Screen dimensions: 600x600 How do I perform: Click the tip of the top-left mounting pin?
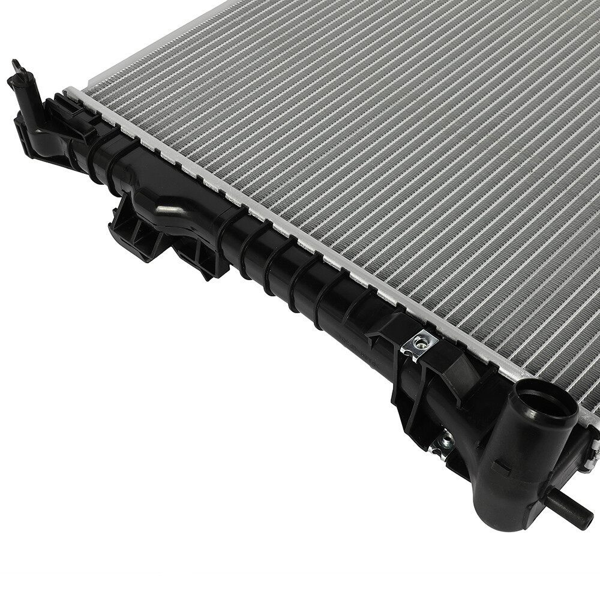(x=16, y=65)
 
